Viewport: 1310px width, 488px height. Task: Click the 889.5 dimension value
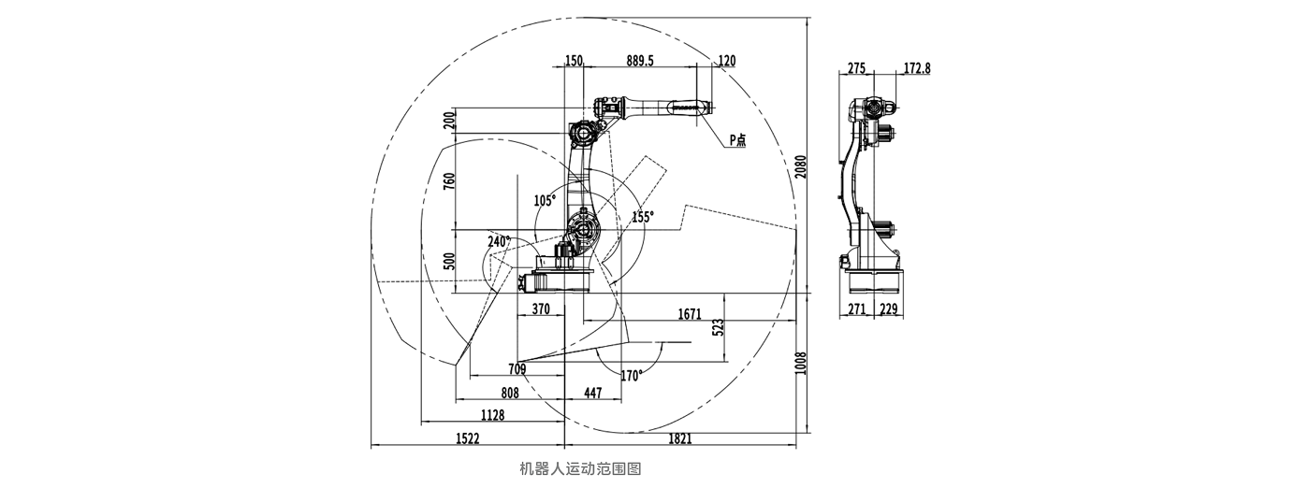(640, 61)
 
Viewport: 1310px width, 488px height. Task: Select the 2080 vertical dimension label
(800, 165)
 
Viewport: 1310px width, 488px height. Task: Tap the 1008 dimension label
(800, 364)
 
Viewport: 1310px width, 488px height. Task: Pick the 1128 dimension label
(492, 415)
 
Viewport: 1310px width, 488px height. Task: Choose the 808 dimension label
(510, 393)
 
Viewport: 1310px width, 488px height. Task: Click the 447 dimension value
(593, 393)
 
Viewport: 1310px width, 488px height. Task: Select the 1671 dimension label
(690, 315)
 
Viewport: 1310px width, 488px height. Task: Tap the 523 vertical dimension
(719, 326)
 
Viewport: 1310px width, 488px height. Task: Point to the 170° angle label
(632, 376)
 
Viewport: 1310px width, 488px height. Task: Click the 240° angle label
(499, 241)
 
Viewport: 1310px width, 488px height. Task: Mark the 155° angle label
(643, 216)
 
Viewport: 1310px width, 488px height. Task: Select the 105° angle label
(545, 200)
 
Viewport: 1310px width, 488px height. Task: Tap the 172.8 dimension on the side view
(918, 68)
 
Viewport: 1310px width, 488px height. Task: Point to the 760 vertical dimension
(449, 179)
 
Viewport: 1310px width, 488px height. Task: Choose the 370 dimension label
(541, 309)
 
